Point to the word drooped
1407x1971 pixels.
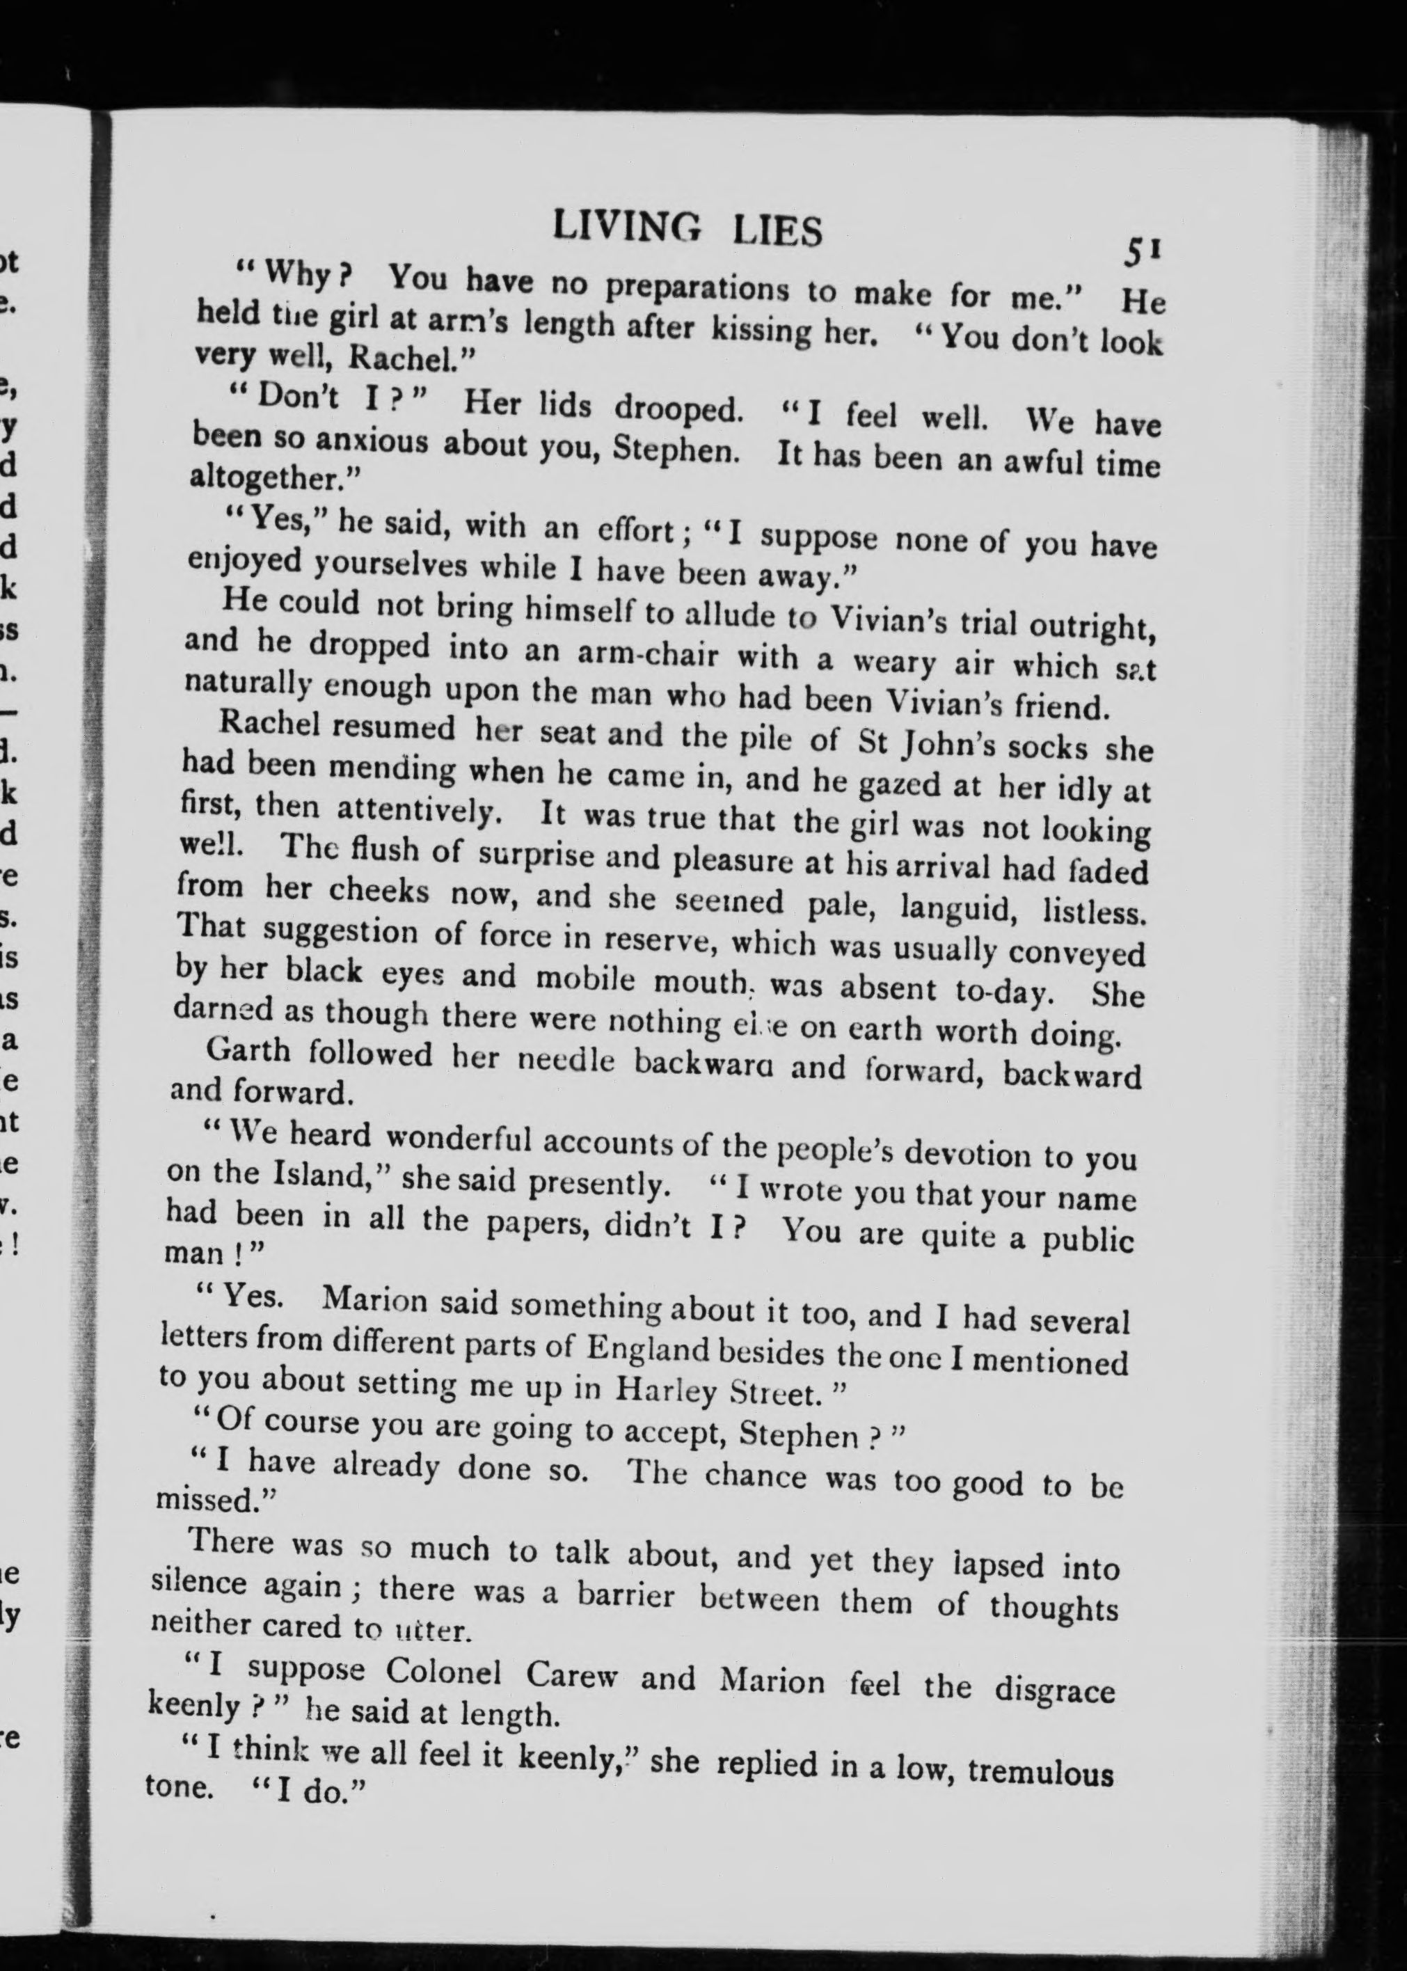coord(678,408)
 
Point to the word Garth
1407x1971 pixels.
coord(248,1050)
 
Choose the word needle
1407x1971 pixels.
coord(566,1061)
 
